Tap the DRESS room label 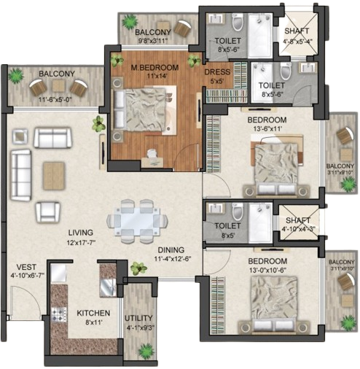[216, 73]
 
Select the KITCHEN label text [93, 313]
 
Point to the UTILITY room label [137, 319]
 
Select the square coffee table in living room [55, 174]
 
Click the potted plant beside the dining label [137, 268]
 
